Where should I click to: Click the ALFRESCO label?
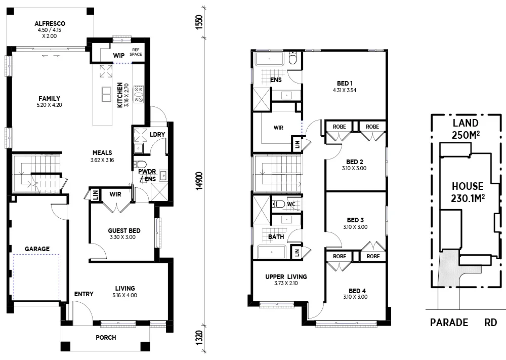[50, 23]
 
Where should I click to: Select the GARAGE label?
[37, 249]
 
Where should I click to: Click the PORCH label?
[106, 337]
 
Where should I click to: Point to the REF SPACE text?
[135, 52]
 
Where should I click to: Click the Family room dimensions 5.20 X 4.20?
[50, 105]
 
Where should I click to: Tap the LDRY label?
[156, 134]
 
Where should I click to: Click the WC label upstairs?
[291, 204]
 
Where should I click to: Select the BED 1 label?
[345, 83]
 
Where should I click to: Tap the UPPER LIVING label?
[286, 277]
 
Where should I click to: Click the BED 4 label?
[357, 291]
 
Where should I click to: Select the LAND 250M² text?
[465, 129]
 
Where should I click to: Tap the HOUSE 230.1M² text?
[467, 191]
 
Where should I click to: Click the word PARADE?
[449, 323]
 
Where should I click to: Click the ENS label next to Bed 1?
[276, 79]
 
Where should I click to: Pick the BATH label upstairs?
[276, 236]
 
